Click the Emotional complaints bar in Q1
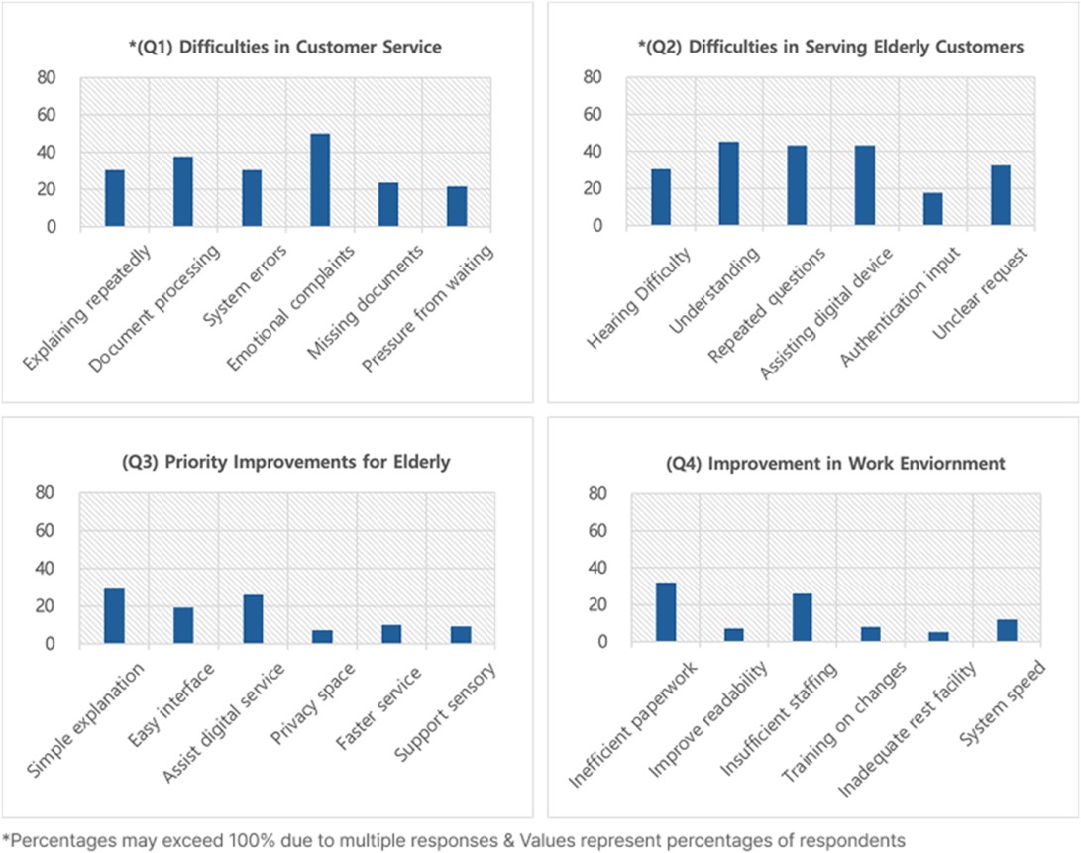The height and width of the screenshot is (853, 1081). pyautogui.click(x=320, y=180)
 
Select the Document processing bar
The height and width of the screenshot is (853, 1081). pyautogui.click(x=183, y=191)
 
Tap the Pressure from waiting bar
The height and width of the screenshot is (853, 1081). pyautogui.click(x=457, y=206)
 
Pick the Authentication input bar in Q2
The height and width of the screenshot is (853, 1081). pyautogui.click(x=932, y=209)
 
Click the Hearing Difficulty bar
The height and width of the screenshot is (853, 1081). pyautogui.click(x=661, y=197)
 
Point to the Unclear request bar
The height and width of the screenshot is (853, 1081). pyautogui.click(x=1001, y=195)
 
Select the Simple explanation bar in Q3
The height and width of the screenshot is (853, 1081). pyautogui.click(x=115, y=616)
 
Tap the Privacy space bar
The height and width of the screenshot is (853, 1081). pyautogui.click(x=323, y=636)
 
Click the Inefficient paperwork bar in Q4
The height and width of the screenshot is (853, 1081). pyautogui.click(x=666, y=612)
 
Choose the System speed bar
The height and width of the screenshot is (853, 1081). pyautogui.click(x=1008, y=630)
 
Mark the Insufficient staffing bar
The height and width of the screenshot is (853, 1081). pyautogui.click(x=803, y=618)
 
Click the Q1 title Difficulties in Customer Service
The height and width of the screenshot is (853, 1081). pyautogui.click(x=285, y=47)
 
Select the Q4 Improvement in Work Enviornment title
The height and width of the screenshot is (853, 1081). pyautogui.click(x=835, y=463)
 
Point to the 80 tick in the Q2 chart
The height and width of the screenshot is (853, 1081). pyautogui.click(x=593, y=76)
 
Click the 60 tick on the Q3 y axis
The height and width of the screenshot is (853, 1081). pyautogui.click(x=46, y=530)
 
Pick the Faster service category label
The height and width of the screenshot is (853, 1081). pyautogui.click(x=379, y=708)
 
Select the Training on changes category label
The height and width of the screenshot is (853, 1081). pyautogui.click(x=843, y=722)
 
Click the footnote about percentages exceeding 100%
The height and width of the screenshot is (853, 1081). pyautogui.click(x=454, y=840)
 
